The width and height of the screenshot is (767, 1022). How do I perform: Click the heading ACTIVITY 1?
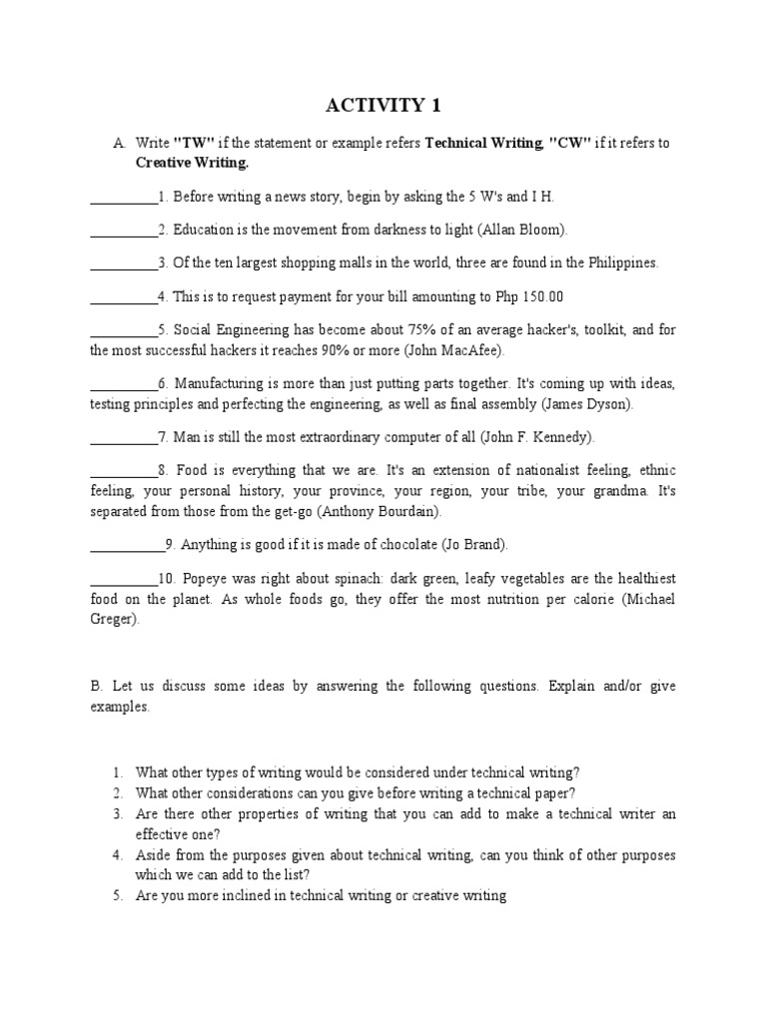(383, 105)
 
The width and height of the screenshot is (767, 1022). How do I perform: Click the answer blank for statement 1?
(123, 199)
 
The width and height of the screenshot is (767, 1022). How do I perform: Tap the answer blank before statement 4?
(123, 296)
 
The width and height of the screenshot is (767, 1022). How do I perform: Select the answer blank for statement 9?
(127, 544)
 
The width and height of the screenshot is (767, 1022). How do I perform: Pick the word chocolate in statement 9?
(370, 545)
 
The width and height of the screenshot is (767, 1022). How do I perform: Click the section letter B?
(96, 687)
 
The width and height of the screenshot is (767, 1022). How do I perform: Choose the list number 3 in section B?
(117, 814)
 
